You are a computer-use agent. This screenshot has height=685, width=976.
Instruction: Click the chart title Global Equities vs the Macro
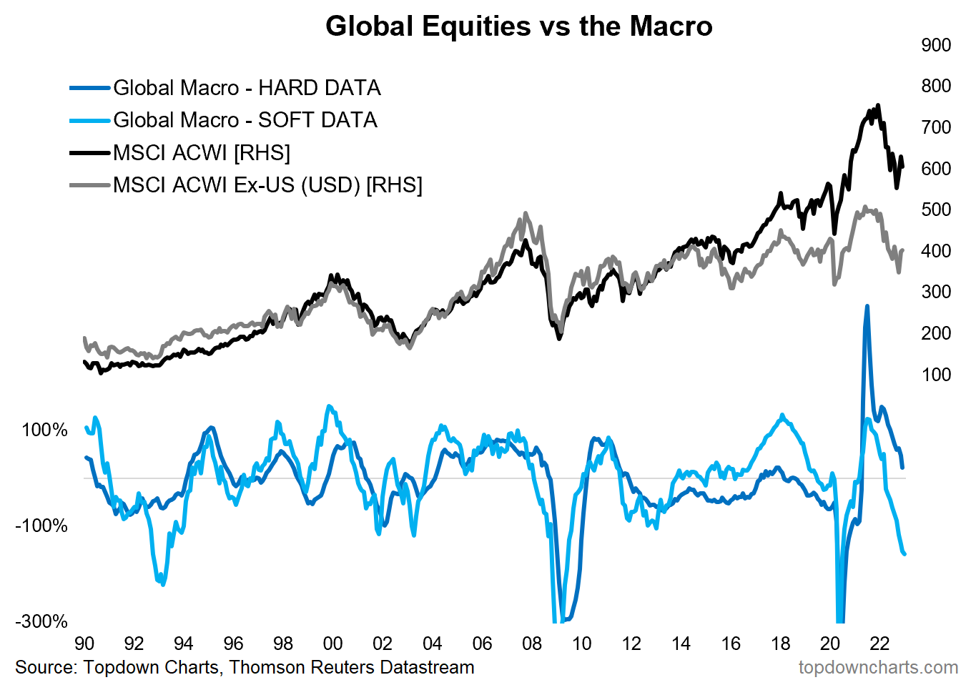tap(518, 26)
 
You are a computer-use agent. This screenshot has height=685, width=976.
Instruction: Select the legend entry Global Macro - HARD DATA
tap(247, 88)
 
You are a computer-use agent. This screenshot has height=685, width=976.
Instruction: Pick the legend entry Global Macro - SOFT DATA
tap(245, 120)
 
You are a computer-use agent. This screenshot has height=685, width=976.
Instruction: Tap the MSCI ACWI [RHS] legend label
tap(202, 153)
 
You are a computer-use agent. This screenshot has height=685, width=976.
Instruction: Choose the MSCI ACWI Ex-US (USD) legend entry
tap(267, 185)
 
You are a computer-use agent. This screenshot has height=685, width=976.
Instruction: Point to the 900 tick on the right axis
tap(936, 45)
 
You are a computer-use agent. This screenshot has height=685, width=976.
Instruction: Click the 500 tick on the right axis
tap(936, 210)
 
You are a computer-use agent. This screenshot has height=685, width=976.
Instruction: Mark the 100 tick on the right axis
tap(936, 375)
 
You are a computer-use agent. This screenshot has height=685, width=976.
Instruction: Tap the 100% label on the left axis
tap(44, 430)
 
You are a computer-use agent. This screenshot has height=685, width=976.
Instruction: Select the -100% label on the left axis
tap(41, 526)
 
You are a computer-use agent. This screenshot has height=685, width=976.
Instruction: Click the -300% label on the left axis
tap(41, 621)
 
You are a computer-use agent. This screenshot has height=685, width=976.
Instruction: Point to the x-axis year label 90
tap(84, 644)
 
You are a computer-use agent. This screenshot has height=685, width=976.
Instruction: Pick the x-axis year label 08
tap(532, 644)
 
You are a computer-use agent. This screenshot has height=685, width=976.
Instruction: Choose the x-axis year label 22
tap(879, 644)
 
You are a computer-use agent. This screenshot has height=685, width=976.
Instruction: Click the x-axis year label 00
tap(333, 644)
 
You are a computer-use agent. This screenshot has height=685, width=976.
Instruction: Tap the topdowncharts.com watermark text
tap(878, 668)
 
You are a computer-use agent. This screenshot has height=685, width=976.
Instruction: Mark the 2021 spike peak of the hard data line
tap(867, 306)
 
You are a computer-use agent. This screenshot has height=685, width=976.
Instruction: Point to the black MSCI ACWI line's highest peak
tap(878, 105)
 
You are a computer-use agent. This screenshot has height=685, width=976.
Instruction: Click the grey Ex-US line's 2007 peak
tap(526, 213)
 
